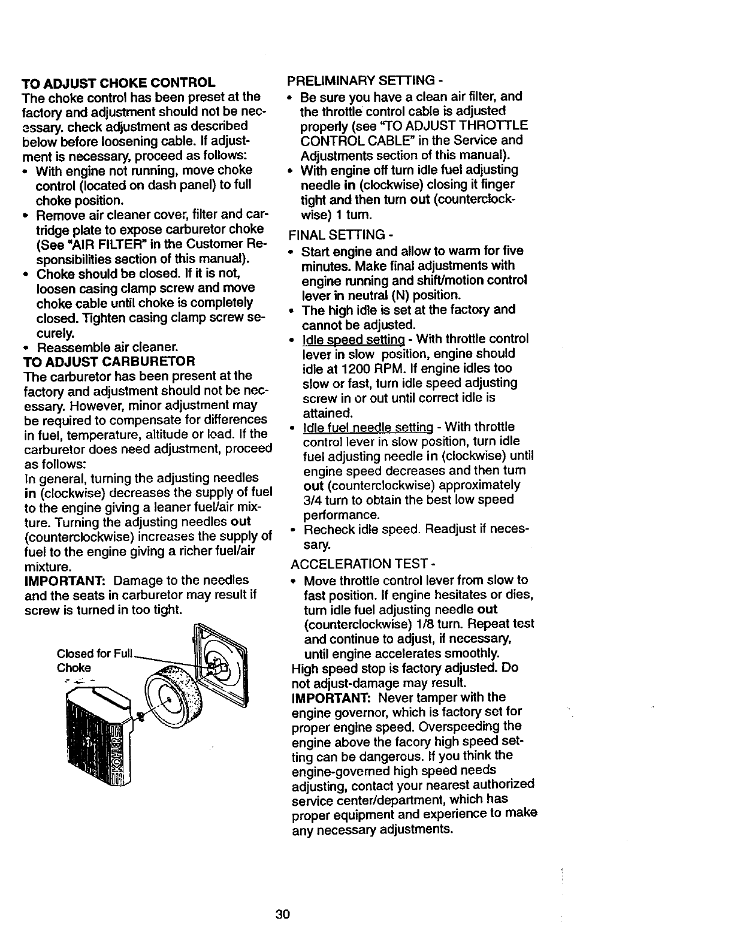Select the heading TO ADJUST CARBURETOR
pos(108,361)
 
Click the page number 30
pos(283,915)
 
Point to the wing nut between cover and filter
pos(139,715)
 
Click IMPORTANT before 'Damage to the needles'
pos(61,580)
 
